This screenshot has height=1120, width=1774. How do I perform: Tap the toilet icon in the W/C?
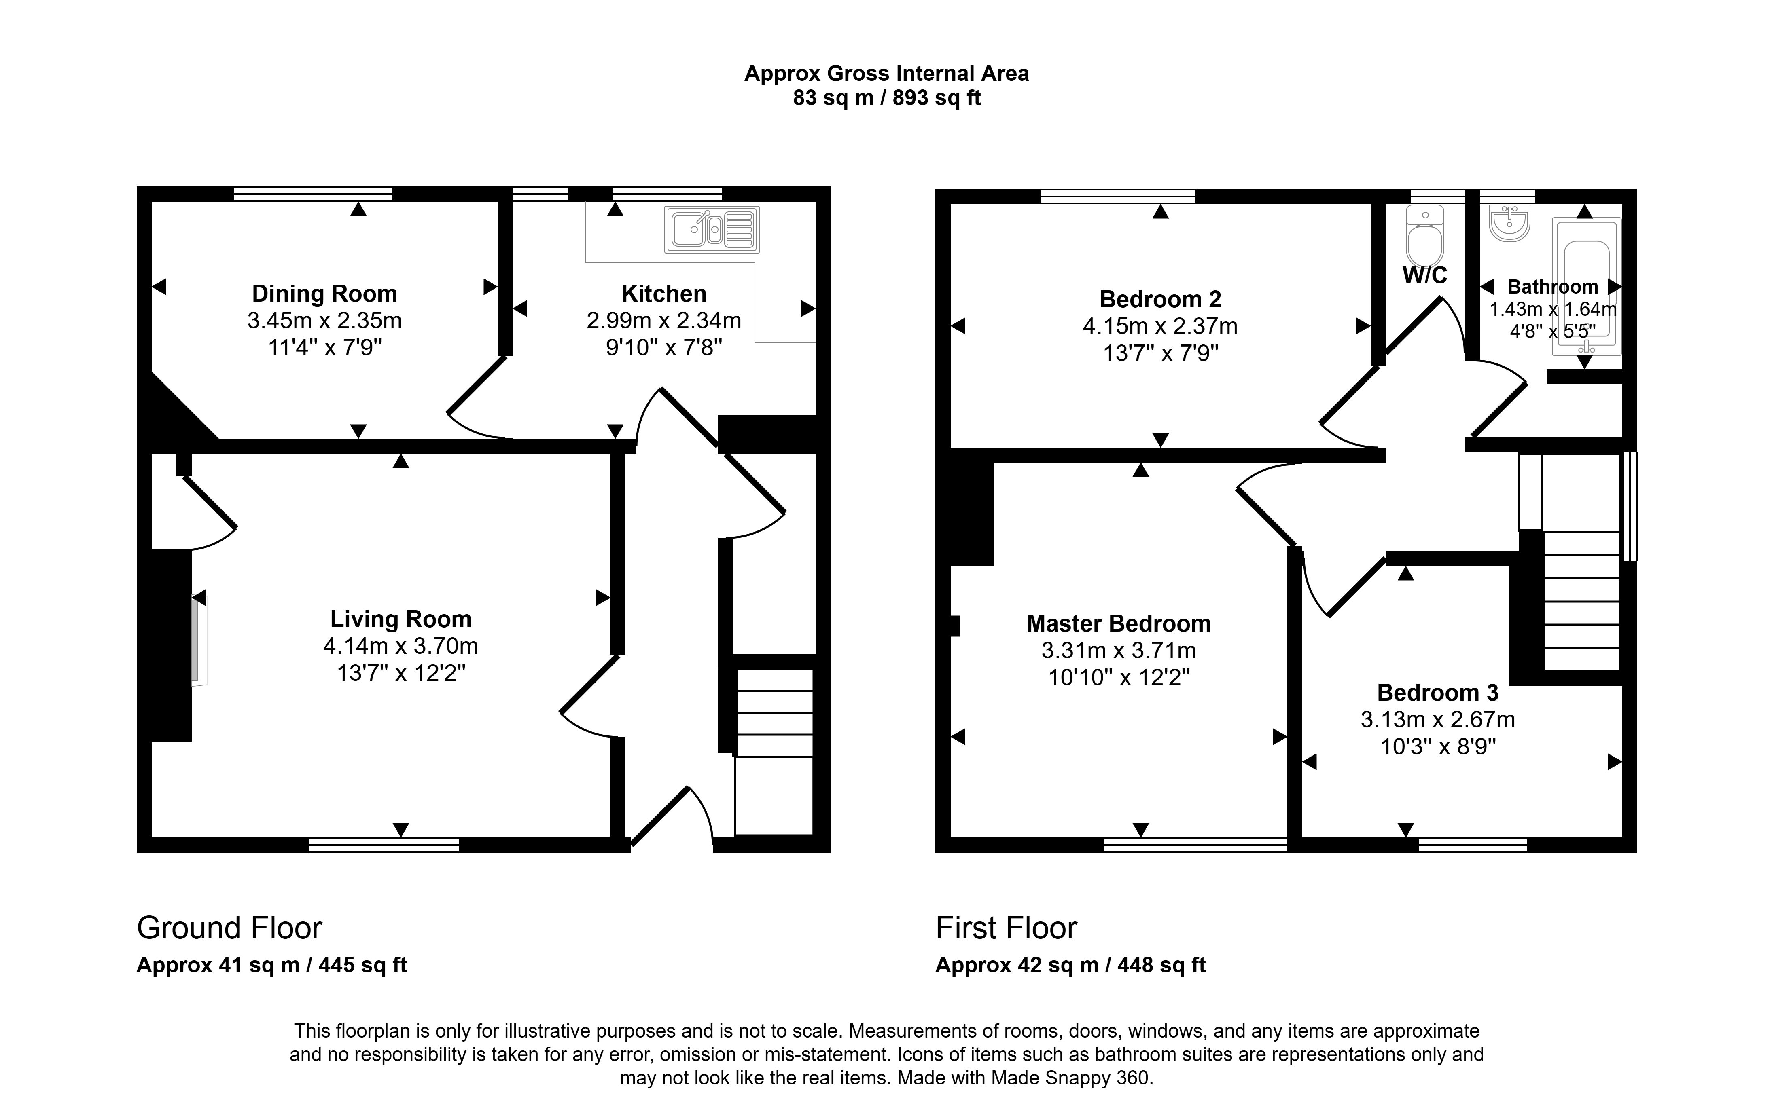1425,236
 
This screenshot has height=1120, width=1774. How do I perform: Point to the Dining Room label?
324,294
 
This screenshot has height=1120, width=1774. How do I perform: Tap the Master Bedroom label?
1118,624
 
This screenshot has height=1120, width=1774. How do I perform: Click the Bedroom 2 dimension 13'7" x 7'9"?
1160,353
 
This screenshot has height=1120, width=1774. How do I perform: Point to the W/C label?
1425,275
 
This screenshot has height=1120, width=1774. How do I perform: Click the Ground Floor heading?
229,928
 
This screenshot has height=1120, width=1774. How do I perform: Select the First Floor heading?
1007,928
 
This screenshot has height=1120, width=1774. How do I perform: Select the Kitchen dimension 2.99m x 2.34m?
664,320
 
